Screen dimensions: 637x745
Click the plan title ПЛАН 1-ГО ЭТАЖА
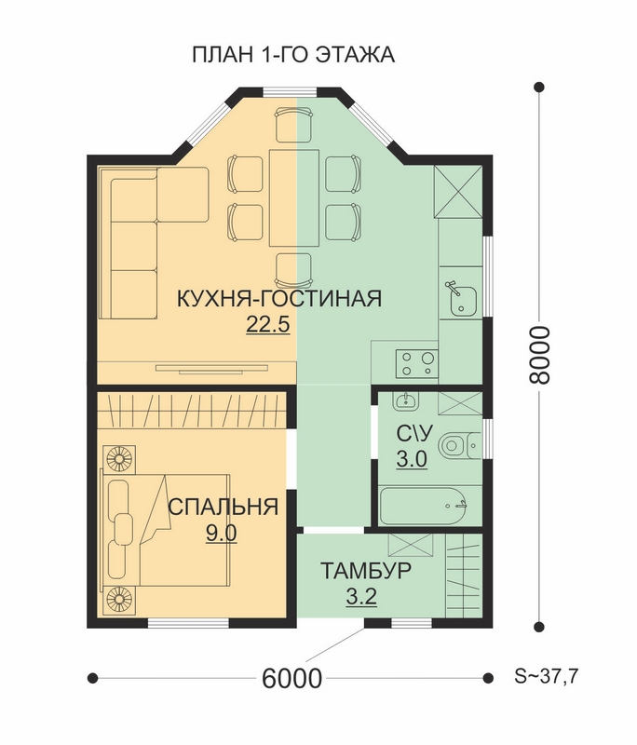pyautogui.click(x=293, y=55)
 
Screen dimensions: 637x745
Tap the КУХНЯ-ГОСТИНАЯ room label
pyautogui.click(x=279, y=299)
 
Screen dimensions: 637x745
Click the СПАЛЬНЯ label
pyautogui.click(x=223, y=507)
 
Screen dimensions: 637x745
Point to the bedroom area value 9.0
pyautogui.click(x=222, y=533)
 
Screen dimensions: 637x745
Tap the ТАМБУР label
pyautogui.click(x=366, y=570)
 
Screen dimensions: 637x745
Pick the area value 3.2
pyautogui.click(x=361, y=596)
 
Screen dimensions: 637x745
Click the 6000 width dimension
pyautogui.click(x=291, y=679)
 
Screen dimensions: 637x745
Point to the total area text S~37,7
pyautogui.click(x=547, y=676)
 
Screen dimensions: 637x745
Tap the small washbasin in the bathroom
pyautogui.click(x=406, y=401)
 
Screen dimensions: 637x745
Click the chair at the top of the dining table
pyautogui.click(x=294, y=126)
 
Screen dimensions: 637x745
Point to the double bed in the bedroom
pyautogui.click(x=166, y=531)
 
